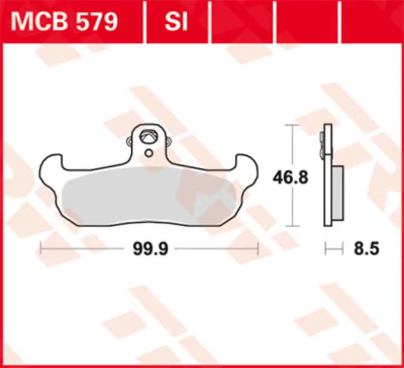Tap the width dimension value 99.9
coord(149,249)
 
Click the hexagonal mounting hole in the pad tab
coord(149,136)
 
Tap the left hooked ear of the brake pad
coord(50,166)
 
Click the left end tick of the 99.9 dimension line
coord(40,249)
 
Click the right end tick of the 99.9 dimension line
coord(258,249)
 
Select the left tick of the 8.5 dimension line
coord(326,249)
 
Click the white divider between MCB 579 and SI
coord(145,22)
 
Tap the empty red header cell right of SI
coord(242,22)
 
